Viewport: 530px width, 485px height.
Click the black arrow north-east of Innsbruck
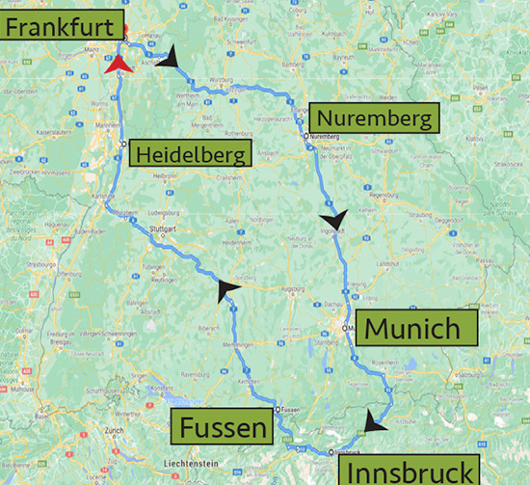click(x=375, y=420)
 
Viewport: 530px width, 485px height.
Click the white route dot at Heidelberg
click(x=124, y=144)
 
